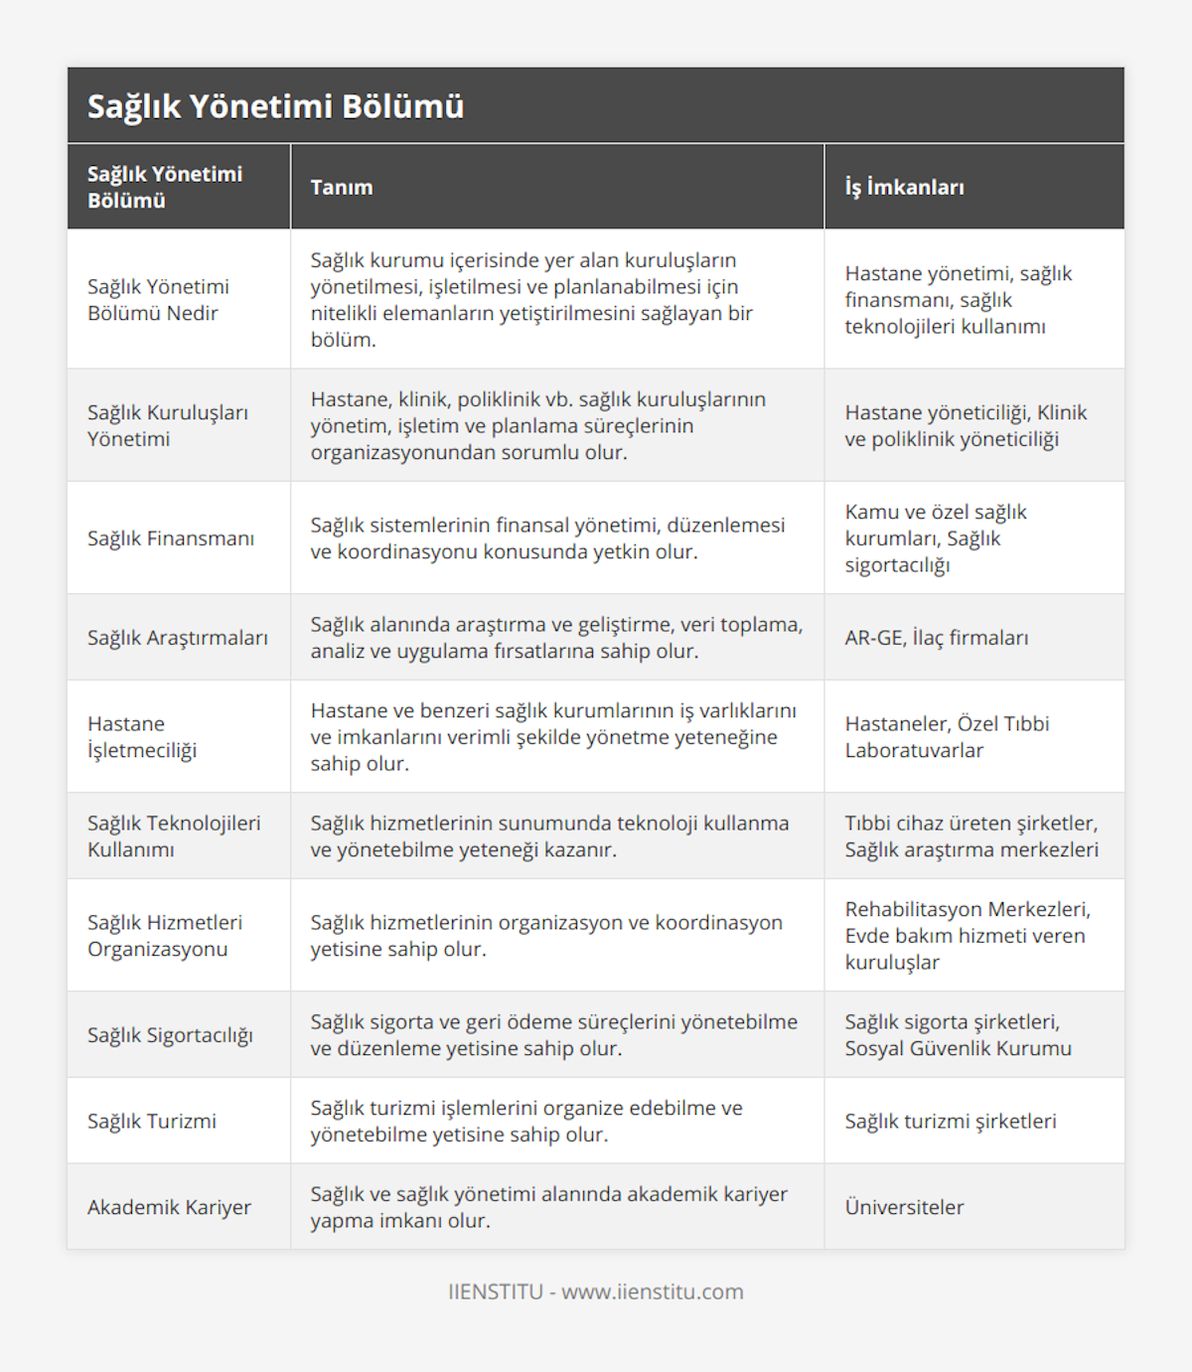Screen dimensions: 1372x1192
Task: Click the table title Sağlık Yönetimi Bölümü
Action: point(275,106)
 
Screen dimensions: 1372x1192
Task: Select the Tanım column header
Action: point(342,187)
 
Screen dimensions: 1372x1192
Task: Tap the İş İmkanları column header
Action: point(904,187)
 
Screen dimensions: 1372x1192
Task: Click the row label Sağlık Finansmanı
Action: point(171,538)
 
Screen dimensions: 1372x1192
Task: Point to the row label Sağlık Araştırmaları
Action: point(178,638)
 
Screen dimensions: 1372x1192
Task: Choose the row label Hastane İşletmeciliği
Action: point(142,737)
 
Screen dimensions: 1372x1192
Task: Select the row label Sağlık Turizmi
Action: point(152,1121)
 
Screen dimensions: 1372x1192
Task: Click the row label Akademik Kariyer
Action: point(169,1207)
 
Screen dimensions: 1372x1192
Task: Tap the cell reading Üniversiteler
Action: point(904,1207)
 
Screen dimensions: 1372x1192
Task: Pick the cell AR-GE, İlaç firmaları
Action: point(936,638)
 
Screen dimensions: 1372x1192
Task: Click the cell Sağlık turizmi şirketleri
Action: point(951,1121)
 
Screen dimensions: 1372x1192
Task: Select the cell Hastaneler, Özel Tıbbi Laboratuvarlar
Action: point(947,737)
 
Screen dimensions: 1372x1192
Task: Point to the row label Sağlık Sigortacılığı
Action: point(170,1035)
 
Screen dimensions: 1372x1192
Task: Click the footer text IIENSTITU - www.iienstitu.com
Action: point(596,1292)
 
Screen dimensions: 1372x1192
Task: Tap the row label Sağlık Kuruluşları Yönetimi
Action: point(168,425)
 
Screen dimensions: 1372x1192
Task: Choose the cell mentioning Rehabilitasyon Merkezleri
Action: point(968,936)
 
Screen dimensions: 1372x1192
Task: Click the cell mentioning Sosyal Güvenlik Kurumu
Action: point(958,1035)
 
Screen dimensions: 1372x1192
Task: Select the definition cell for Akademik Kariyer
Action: point(548,1207)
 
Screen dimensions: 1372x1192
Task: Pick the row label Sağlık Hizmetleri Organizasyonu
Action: point(165,936)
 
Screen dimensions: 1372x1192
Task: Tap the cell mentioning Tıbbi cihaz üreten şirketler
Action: point(971,837)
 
